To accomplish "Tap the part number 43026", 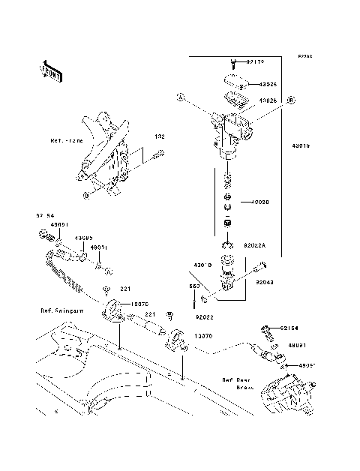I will pos(269,100).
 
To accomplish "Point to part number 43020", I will pos(260,202).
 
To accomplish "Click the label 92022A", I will pos(255,245).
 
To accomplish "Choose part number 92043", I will pos(264,283).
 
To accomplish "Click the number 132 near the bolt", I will pos(158,136).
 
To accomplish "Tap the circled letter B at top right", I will pos(290,99).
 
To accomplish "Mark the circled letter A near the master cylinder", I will pos(180,97).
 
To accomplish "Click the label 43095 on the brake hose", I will pos(82,238).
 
